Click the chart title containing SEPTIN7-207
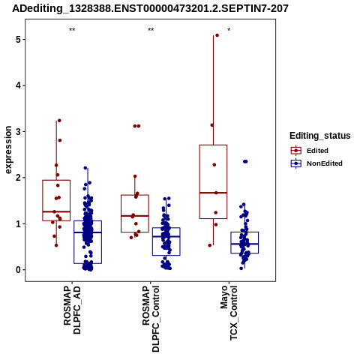[150, 8]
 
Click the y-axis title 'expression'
[8, 150]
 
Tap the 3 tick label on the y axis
[18, 131]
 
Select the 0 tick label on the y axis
[18, 270]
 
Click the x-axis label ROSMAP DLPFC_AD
[72, 310]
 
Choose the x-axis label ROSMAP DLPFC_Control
[151, 319]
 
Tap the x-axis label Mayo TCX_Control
[229, 313]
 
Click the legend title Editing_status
[320, 136]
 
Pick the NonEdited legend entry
[316, 163]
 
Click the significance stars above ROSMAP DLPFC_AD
[72, 30]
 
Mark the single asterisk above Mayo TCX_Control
[229, 30]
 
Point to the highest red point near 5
[217, 35]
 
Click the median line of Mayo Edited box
[213, 193]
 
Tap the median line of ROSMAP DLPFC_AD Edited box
[56, 211]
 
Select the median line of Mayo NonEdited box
[244, 244]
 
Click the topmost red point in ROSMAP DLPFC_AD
[59, 121]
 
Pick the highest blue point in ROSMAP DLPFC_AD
[85, 168]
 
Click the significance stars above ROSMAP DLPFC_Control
[151, 30]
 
